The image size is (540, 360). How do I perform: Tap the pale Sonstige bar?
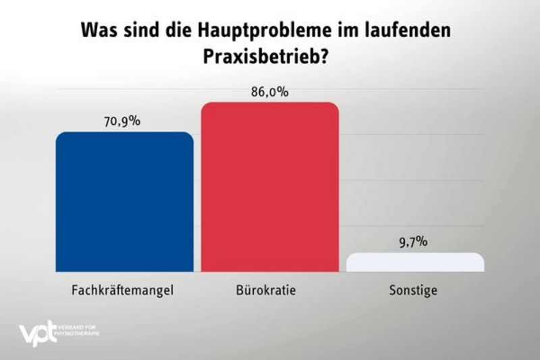coord(415,262)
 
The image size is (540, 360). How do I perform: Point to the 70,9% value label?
coord(123,122)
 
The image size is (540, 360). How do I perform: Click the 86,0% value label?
coord(269,92)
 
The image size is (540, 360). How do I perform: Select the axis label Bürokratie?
coord(269,291)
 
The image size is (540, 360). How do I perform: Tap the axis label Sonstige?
coord(414,292)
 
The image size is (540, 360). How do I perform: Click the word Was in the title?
coord(98,31)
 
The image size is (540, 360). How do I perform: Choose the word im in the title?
coord(339,31)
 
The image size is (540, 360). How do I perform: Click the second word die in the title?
coord(175,31)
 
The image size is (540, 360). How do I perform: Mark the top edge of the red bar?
coord(270,103)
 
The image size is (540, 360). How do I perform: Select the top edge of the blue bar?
coord(124,132)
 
